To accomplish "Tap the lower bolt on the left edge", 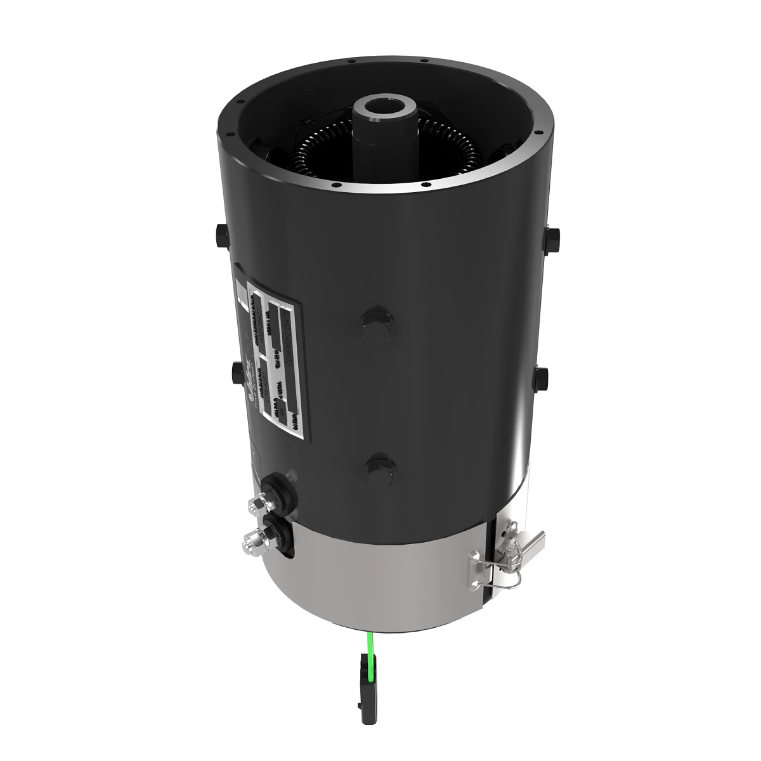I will coord(237,370).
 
